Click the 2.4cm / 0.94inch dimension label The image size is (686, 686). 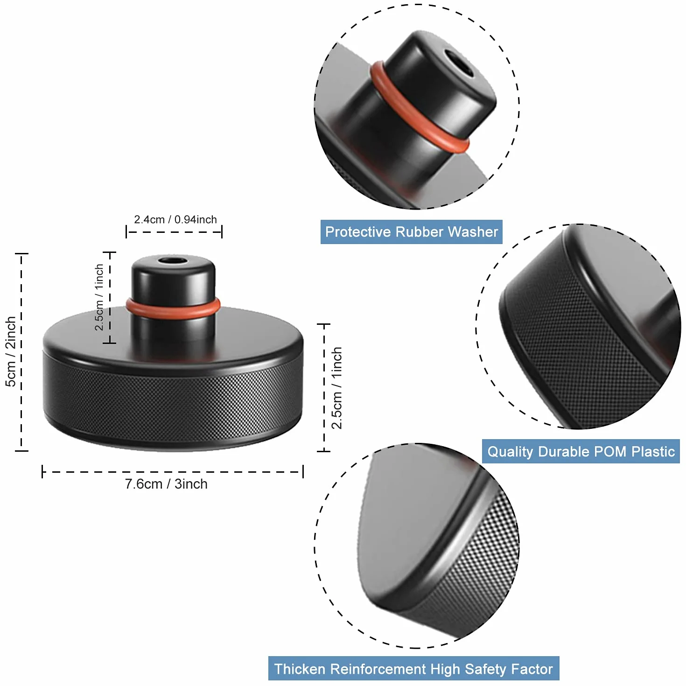pos(175,219)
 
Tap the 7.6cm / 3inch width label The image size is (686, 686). pos(166,484)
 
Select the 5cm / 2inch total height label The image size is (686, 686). pos(11,351)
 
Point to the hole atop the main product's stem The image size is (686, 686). pos(173,261)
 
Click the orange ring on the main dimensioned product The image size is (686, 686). pos(173,309)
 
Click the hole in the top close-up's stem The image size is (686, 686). pos(460,63)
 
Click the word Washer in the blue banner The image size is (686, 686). pos(473,232)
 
